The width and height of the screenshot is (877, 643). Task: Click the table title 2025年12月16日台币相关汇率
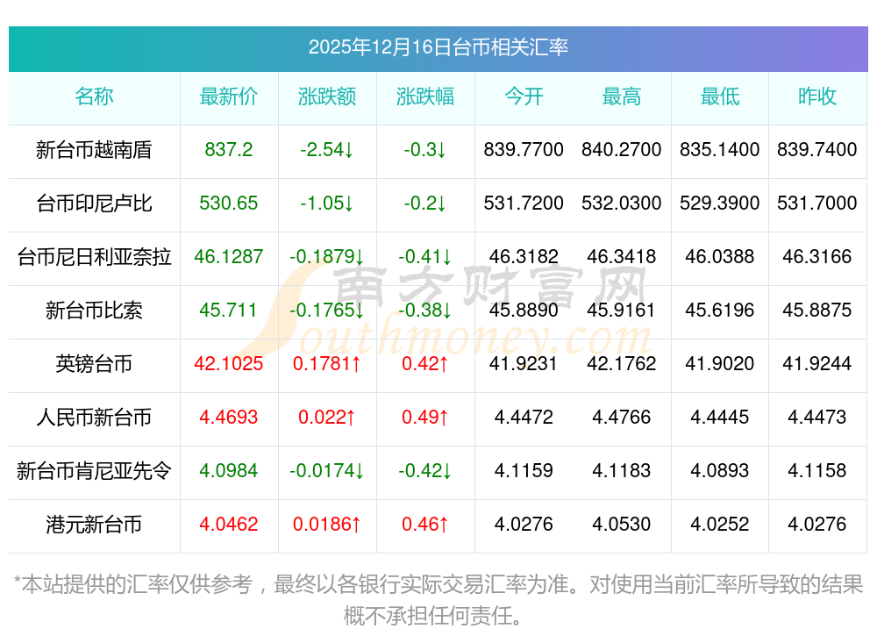(438, 46)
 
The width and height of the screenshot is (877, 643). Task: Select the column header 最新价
(229, 96)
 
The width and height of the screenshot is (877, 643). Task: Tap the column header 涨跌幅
(425, 96)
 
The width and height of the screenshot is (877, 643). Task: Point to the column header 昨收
(817, 96)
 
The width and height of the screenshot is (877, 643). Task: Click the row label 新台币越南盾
(94, 150)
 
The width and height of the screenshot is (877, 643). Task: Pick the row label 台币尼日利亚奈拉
(94, 257)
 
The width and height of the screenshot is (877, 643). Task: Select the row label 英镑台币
(94, 364)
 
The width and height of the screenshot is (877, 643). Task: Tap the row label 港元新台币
(94, 525)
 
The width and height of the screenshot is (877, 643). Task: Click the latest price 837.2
(229, 150)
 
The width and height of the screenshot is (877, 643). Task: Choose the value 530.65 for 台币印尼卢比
(229, 204)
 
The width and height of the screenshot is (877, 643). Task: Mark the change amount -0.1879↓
(327, 257)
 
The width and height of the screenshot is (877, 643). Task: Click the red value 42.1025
(229, 364)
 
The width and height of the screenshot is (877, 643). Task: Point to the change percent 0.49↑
(425, 418)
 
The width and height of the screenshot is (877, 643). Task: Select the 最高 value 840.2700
(622, 150)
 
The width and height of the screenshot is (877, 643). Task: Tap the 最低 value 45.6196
(720, 311)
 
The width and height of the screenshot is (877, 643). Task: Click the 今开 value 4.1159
(524, 471)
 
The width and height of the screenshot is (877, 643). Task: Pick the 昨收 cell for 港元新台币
(817, 525)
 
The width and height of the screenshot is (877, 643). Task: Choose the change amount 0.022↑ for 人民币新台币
(327, 418)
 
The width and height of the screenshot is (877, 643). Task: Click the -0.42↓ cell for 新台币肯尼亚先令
(425, 471)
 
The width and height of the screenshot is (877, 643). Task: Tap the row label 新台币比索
(94, 311)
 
